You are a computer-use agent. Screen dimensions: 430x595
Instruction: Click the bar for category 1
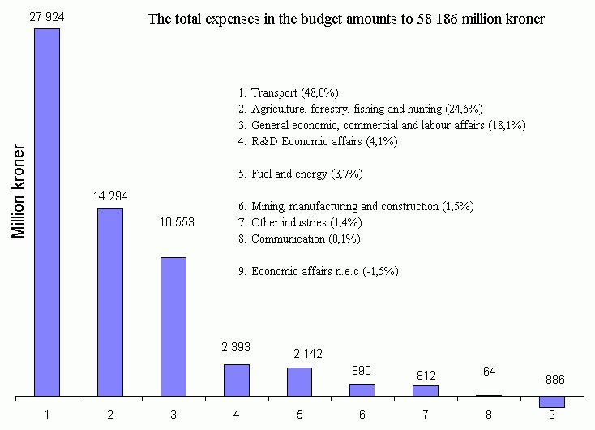coord(47,213)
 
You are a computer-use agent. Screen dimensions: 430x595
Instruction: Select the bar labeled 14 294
coord(110,302)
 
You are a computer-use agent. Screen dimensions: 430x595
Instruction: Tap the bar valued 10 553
coord(173,327)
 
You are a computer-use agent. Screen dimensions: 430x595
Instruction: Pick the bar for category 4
coord(237,381)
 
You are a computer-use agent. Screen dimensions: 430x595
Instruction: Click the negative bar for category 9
coord(551,402)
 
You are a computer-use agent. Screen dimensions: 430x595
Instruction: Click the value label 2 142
coord(299,354)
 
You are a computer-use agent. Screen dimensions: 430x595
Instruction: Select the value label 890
coord(362,370)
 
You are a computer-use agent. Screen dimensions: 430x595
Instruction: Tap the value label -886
coord(551,380)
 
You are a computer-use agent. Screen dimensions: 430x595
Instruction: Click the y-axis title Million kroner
coord(19,193)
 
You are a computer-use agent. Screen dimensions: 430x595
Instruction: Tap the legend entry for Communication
coord(299,239)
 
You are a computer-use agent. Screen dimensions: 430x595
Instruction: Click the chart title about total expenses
coord(346,19)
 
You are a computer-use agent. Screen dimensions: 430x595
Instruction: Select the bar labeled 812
coord(426,391)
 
